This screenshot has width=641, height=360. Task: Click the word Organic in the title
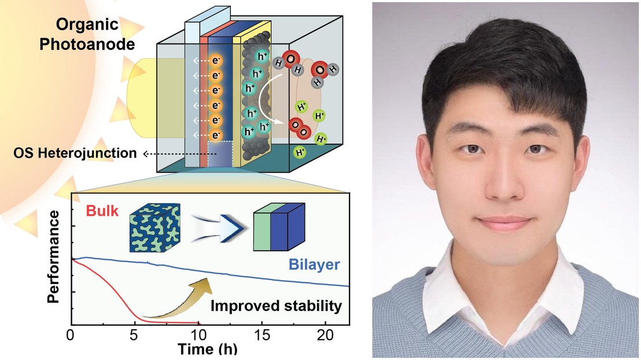(x=87, y=25)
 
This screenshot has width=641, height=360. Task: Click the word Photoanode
(x=87, y=44)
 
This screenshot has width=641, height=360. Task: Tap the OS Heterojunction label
(x=75, y=153)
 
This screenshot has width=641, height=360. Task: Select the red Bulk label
(x=102, y=211)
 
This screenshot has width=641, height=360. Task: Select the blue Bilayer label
(x=314, y=265)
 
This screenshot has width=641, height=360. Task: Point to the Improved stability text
(x=276, y=306)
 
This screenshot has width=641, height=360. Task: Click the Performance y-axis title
(x=53, y=256)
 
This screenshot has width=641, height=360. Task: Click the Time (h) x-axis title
(x=207, y=349)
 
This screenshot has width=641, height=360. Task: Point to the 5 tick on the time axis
(x=134, y=335)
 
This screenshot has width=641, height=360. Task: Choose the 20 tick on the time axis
(x=325, y=335)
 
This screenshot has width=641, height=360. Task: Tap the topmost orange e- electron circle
(x=216, y=61)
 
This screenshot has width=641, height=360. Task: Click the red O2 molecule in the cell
(x=299, y=128)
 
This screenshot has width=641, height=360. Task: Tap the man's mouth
(x=504, y=223)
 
